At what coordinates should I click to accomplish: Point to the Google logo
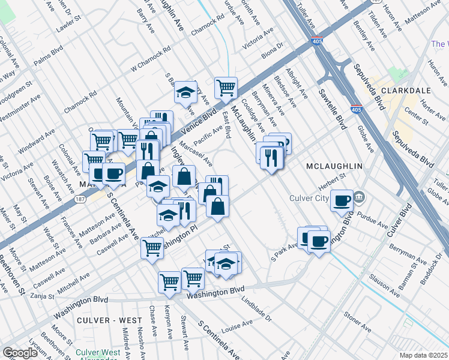tap(20, 353)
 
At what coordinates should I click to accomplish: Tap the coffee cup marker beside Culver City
tap(342, 200)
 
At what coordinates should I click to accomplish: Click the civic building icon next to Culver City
tap(360, 196)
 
